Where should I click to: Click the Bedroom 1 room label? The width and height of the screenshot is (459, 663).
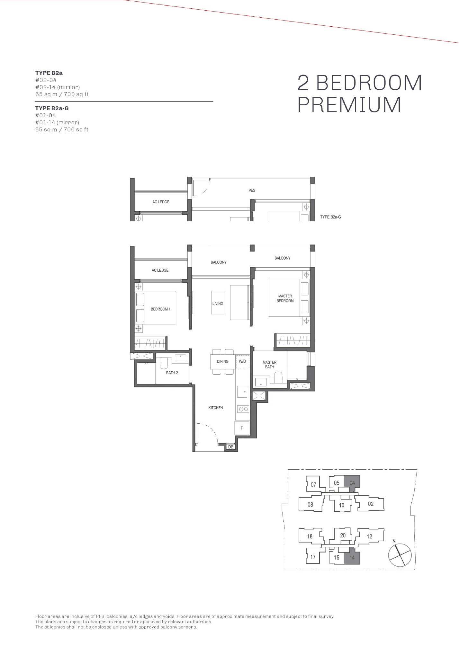[160, 309]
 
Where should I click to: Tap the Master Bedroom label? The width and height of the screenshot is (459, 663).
[285, 298]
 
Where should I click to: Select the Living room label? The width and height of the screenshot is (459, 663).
[218, 304]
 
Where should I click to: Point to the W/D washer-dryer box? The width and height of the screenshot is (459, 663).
[242, 361]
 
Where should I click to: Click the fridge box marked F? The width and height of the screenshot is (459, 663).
[242, 428]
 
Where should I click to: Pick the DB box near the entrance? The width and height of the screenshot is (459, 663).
[231, 447]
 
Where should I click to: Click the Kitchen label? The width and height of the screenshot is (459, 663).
[216, 408]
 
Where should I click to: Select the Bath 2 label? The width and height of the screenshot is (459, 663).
[172, 373]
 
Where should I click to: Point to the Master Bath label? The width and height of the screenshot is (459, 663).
[270, 365]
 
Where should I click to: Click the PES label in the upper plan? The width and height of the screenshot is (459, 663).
[252, 190]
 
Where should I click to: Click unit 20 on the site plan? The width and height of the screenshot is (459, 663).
[343, 535]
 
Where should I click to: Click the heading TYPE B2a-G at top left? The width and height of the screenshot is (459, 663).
[52, 108]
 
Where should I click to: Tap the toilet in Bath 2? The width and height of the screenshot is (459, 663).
[164, 363]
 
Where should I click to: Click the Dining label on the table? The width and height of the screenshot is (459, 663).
[222, 361]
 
